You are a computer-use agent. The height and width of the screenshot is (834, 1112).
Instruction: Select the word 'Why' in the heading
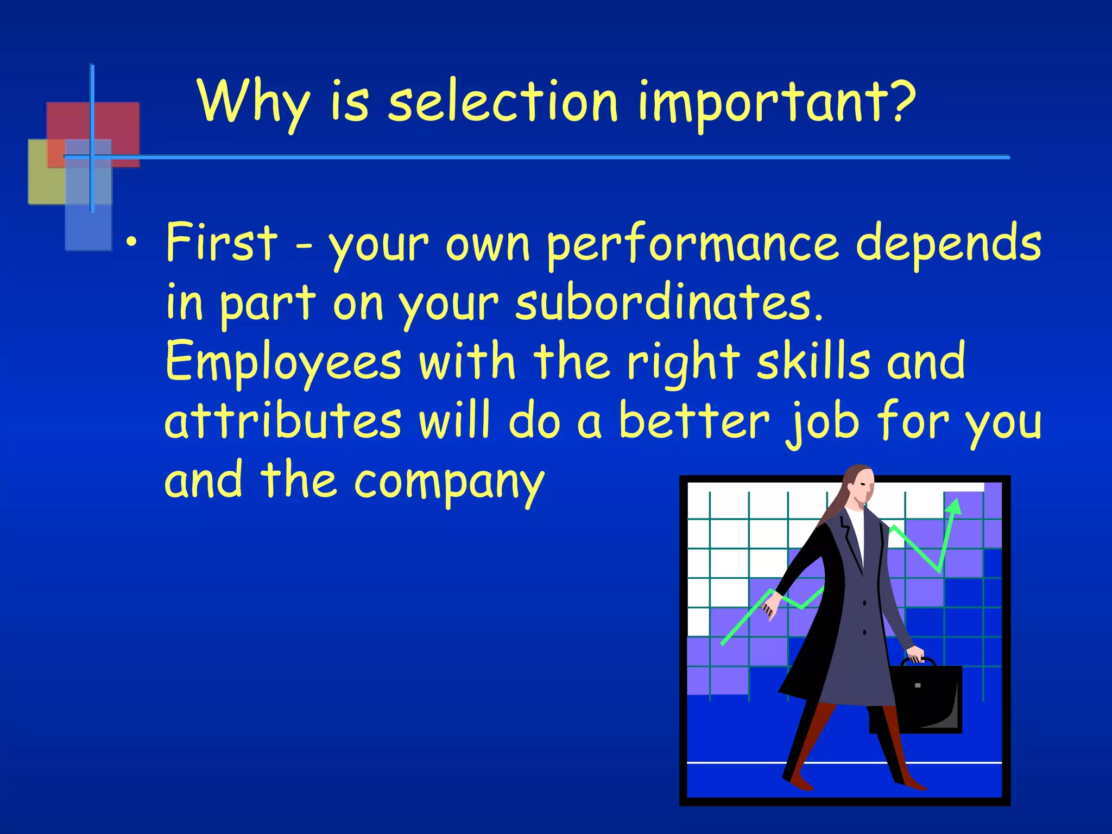[254, 103]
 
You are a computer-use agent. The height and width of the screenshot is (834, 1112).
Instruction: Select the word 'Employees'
[282, 363]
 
